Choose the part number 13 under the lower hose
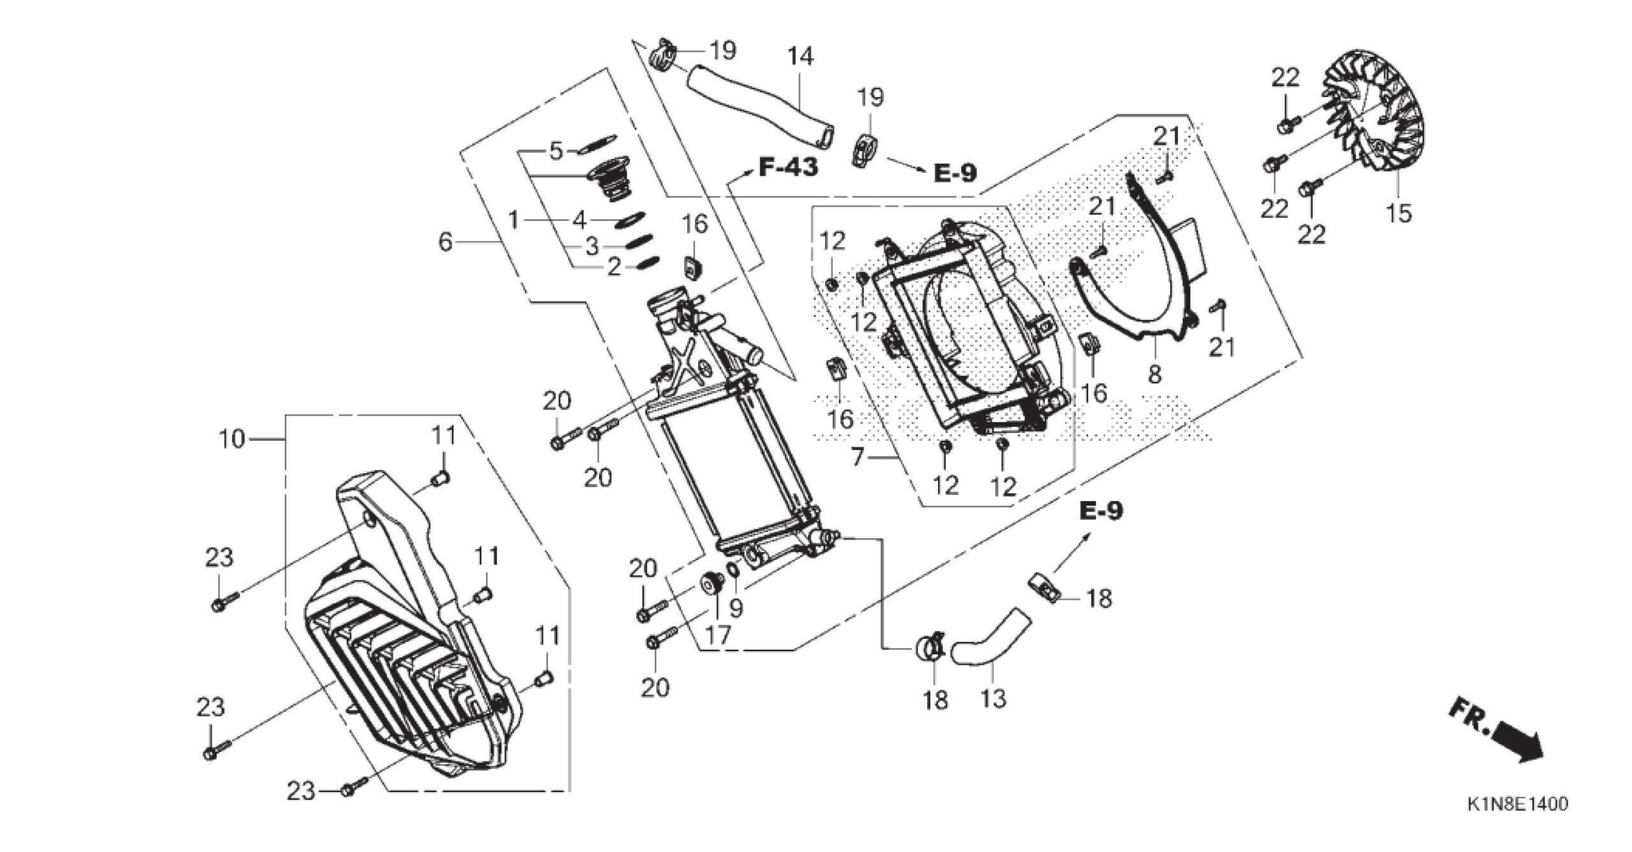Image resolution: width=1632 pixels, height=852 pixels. [x=993, y=698]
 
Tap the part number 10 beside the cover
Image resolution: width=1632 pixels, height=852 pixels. [x=231, y=439]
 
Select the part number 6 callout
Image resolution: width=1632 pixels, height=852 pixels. [x=445, y=242]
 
